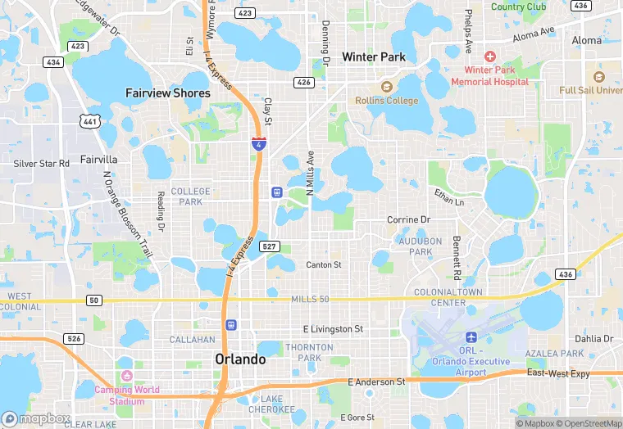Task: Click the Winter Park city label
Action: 374,57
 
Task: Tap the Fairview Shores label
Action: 168,93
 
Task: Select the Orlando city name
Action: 240,359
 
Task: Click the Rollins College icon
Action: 386,87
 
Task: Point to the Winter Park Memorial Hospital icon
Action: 490,56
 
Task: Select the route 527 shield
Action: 269,246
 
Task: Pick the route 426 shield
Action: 304,82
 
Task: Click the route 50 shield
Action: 94,300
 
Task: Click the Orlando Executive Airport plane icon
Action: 471,337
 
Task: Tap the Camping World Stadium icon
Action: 126,376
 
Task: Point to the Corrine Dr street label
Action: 408,220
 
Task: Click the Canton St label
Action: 324,265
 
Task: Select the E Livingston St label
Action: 333,329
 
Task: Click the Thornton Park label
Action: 309,353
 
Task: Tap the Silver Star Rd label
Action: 42,164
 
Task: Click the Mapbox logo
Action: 35,418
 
